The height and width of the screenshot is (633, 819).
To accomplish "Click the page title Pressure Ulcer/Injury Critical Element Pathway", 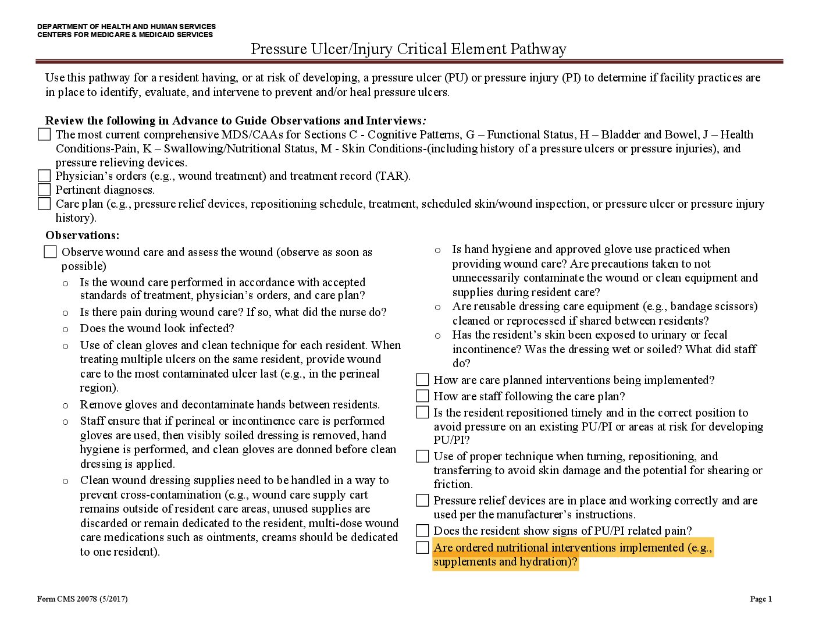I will tap(408, 49).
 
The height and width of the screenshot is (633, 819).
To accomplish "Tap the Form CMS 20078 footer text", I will tap(82, 599).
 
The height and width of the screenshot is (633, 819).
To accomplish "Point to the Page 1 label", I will tap(761, 599).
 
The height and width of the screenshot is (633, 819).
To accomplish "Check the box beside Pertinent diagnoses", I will tap(44, 190).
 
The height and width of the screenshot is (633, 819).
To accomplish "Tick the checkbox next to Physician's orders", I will tap(44, 176).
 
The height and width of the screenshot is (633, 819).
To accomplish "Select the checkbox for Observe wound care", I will tap(51, 252).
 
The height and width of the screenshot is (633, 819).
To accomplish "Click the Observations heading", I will tap(82, 235).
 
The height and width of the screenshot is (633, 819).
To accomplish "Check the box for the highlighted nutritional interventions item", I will tap(422, 547).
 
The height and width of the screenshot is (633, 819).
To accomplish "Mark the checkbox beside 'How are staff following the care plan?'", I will tap(422, 396).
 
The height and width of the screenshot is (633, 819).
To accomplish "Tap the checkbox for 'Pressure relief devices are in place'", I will tap(422, 500).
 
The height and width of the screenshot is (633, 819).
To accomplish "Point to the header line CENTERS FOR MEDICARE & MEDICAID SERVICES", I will tap(125, 35).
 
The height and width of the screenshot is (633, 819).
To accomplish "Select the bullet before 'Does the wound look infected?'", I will tap(65, 329).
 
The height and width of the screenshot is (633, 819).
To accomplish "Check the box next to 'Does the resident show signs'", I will tap(422, 531).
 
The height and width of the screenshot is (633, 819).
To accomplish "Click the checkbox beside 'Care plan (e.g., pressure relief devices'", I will tap(44, 204).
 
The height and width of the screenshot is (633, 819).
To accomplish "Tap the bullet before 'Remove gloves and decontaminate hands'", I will tap(65, 406).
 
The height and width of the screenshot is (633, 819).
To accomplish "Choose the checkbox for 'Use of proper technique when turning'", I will tap(422, 456).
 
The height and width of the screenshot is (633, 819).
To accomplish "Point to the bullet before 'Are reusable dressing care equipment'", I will tap(437, 307).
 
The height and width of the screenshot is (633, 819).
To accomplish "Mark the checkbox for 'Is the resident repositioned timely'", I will tap(422, 412).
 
